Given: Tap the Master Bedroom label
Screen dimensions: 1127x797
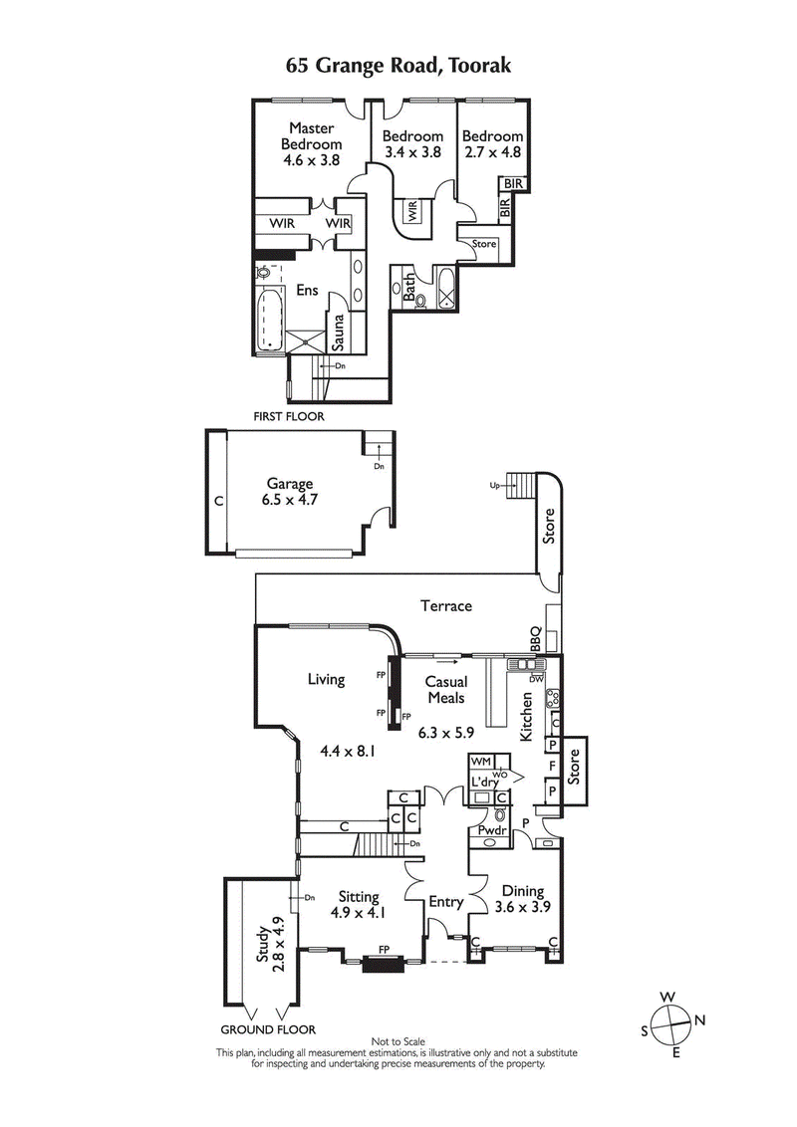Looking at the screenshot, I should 312,142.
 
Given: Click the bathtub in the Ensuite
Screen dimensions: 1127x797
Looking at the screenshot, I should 270,322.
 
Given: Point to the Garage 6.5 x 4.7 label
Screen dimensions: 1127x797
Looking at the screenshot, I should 290,492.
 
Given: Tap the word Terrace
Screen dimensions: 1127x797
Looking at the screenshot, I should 445,605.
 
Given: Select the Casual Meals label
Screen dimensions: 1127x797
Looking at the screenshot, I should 446,689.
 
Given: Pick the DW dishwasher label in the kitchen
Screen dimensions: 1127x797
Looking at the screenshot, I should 535,678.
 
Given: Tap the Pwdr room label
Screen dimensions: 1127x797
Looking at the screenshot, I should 490,829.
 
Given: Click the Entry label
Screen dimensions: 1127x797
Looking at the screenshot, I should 445,902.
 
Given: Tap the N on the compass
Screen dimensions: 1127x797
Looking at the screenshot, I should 700,1019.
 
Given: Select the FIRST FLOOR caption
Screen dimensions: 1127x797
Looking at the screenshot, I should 290,417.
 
